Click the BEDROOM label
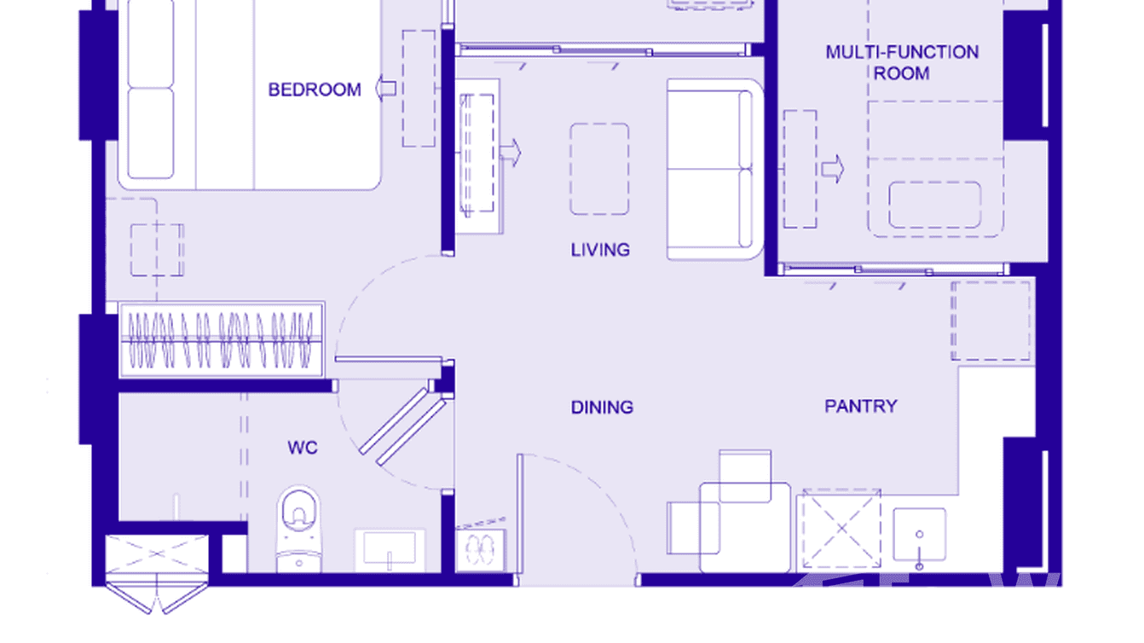click(315, 90)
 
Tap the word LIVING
click(600, 250)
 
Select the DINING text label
click(602, 408)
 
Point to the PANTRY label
click(860, 406)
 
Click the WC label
click(303, 448)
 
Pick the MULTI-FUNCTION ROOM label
click(901, 63)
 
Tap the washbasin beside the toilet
click(390, 549)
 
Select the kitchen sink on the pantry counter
click(919, 535)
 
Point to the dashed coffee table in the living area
click(599, 169)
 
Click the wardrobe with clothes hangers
click(221, 339)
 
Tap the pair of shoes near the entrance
click(481, 547)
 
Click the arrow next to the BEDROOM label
click(385, 88)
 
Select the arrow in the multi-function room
click(833, 169)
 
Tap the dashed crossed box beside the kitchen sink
click(841, 529)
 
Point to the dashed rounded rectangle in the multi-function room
click(934, 205)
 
